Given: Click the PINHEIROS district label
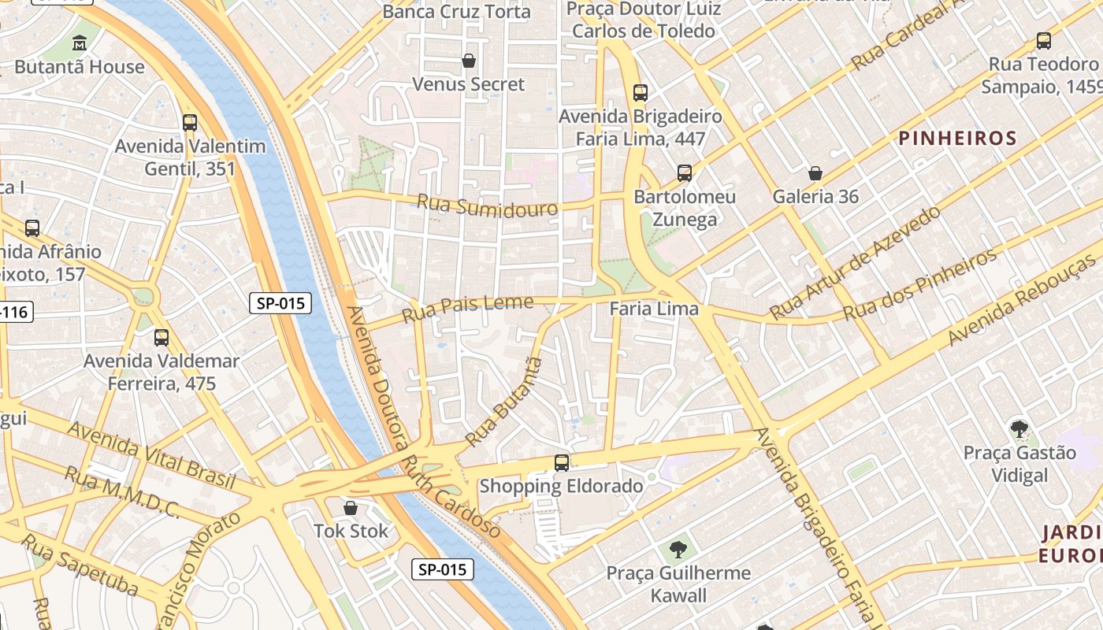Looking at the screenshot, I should click(x=957, y=139).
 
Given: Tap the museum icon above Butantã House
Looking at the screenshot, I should click(x=80, y=43).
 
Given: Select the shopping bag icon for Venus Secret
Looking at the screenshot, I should click(x=469, y=61).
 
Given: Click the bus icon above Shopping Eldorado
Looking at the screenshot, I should click(x=562, y=463).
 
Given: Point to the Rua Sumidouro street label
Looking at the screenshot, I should click(x=487, y=206).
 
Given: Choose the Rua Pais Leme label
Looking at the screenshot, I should click(x=467, y=308).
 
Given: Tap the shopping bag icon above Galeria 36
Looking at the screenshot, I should click(x=815, y=173).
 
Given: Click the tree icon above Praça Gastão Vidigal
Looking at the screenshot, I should click(x=1019, y=429).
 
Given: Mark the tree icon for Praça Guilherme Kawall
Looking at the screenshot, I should click(x=678, y=549).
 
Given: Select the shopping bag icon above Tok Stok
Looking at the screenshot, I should click(x=351, y=508).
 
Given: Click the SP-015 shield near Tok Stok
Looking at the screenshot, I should click(x=443, y=569).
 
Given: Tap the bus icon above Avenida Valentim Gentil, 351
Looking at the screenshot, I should click(x=190, y=122).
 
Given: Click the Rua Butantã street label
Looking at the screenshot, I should click(x=504, y=402).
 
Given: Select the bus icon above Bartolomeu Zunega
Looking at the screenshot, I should click(x=685, y=173).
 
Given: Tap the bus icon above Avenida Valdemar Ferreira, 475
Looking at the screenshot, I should click(x=162, y=338).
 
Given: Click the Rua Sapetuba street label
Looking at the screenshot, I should click(x=79, y=565).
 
